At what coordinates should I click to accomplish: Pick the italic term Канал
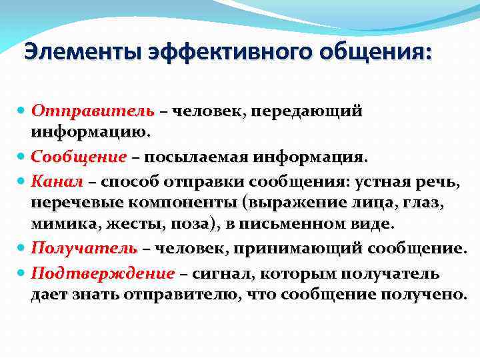[57, 181]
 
